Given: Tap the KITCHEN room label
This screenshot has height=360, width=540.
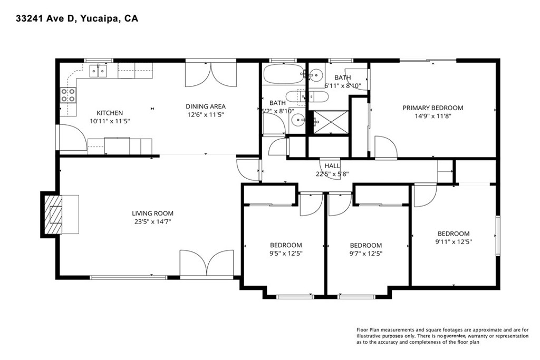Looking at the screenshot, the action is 110,113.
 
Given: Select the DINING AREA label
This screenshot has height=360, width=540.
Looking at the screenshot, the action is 206,106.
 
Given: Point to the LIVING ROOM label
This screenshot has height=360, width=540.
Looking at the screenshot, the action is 152,213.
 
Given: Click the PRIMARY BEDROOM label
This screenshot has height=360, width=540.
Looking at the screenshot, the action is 433,108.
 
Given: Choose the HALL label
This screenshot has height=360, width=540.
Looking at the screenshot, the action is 332,166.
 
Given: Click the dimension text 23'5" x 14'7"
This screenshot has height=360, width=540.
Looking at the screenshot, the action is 152,222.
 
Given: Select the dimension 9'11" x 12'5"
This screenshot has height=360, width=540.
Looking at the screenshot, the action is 454,241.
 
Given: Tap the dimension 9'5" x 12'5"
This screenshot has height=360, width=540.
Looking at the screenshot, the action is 286,254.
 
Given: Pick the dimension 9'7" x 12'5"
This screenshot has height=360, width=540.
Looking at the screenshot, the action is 366,254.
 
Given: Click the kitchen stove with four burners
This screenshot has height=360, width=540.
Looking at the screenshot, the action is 68,95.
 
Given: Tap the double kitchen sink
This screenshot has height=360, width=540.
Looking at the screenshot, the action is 98,71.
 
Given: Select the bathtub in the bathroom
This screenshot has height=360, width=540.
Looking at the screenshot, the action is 284,74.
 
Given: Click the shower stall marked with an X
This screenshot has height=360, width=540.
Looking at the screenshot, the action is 331,122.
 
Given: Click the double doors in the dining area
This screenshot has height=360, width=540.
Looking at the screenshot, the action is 211,74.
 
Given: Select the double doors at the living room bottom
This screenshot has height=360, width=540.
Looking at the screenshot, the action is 206,264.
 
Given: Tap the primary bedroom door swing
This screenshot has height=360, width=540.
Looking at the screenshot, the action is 385,147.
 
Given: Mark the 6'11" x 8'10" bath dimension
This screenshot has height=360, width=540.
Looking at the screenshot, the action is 343,86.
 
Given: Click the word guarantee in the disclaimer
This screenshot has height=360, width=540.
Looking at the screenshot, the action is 455,336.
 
